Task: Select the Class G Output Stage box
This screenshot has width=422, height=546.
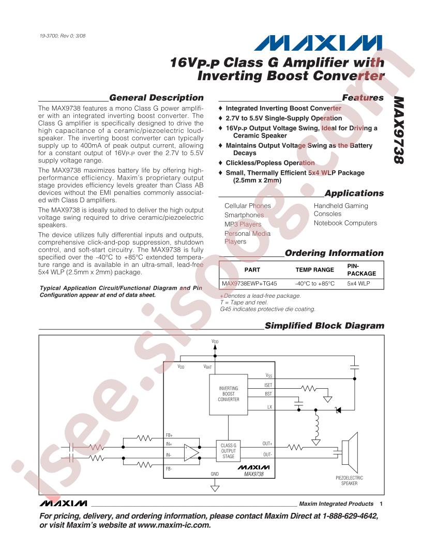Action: [x=228, y=451]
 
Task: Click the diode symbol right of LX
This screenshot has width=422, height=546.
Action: [x=338, y=410]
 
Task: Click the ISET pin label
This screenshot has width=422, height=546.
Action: [x=268, y=385]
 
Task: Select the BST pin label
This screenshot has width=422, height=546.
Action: [x=268, y=393]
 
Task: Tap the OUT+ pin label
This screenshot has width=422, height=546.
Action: [x=267, y=444]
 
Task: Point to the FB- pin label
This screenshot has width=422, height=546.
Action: [x=169, y=468]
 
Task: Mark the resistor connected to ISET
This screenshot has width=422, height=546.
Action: [x=309, y=388]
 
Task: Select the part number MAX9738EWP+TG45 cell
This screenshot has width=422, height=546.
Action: [x=249, y=284]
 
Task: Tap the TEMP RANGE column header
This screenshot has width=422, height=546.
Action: [x=315, y=270]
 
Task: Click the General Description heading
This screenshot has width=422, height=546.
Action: [x=156, y=98]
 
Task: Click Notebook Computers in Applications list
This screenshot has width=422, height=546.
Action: [x=345, y=223]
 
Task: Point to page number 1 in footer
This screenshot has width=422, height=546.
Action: [x=381, y=504]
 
